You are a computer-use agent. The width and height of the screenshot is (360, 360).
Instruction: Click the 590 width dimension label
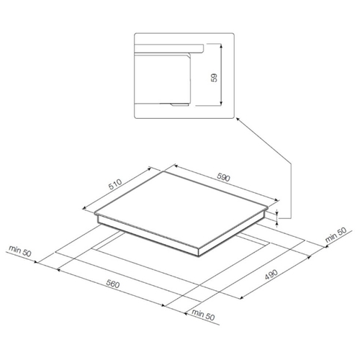(x=223, y=177)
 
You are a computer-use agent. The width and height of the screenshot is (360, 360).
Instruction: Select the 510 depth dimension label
(x=115, y=184)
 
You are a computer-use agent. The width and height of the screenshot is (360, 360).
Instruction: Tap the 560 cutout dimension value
(x=113, y=284)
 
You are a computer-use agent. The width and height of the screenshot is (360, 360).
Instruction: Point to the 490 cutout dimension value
(x=271, y=274)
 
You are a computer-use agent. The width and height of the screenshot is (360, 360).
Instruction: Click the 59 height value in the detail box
(x=214, y=78)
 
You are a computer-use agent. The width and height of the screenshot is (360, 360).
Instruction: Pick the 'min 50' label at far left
(x=20, y=251)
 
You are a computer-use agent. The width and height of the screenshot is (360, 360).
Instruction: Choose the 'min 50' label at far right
(x=336, y=235)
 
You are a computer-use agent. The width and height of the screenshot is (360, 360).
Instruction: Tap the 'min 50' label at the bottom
(x=203, y=315)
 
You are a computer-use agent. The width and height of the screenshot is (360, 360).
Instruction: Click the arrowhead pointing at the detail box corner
(x=238, y=119)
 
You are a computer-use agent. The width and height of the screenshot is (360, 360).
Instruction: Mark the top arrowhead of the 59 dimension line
(x=221, y=45)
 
